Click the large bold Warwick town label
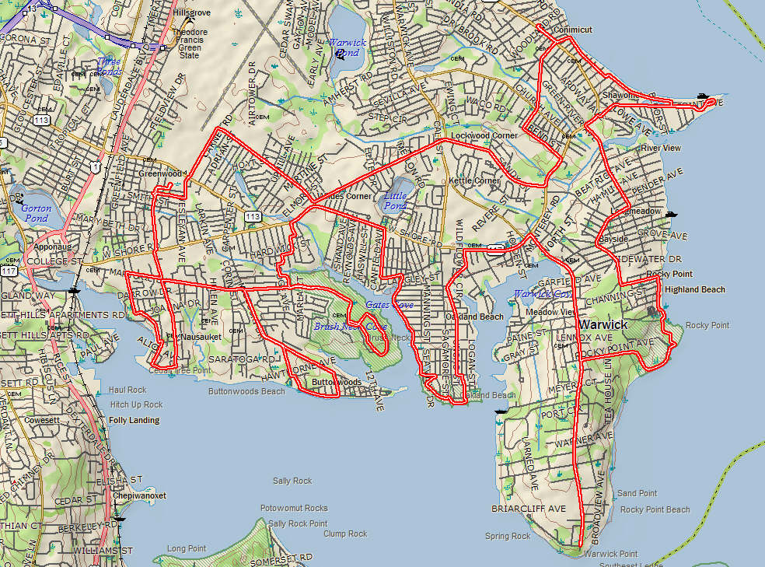603,324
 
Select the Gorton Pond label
36,213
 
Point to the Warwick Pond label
343,48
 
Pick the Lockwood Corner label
484,135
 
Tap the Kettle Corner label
474,180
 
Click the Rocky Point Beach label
655,509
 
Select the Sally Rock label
292,481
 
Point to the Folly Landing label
134,420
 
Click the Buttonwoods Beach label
246,391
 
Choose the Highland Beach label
694,289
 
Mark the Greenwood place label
160,173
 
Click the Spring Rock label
508,536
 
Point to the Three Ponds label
109,66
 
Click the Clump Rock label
345,534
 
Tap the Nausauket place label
201,337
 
